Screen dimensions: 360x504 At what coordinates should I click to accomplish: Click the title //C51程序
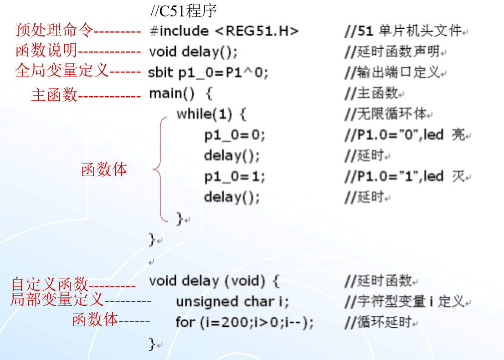click(x=183, y=11)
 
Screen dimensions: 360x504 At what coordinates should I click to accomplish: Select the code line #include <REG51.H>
click(x=224, y=31)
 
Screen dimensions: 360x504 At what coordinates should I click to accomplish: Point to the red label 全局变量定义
click(x=62, y=71)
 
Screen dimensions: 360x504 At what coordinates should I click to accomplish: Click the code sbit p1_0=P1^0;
click(x=208, y=73)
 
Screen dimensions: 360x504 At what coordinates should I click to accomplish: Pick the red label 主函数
click(x=54, y=95)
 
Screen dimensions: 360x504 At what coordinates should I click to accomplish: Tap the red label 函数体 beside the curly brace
click(x=104, y=170)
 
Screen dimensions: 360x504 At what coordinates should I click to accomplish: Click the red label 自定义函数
click(x=49, y=284)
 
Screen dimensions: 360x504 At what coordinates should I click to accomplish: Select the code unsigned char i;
click(x=232, y=302)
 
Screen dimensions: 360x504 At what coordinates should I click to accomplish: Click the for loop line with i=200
click(x=245, y=323)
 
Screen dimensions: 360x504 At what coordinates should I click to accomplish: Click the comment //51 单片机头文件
click(x=403, y=31)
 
